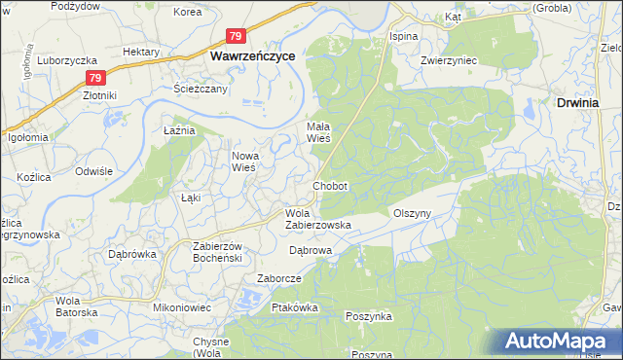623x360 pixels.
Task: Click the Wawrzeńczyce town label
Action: click(254, 57)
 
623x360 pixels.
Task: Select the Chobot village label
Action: click(330, 185)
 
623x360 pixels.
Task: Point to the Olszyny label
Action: click(411, 213)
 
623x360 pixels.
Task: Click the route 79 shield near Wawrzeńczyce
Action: click(236, 36)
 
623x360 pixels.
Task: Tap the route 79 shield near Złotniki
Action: click(93, 78)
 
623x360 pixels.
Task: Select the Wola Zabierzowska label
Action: click(317, 219)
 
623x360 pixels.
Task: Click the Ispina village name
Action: click(403, 36)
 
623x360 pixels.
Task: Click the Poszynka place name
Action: click(369, 317)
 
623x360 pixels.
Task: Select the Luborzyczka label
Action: click(63, 59)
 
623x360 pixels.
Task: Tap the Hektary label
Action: click(141, 51)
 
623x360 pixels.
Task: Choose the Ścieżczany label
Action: click(201, 89)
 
